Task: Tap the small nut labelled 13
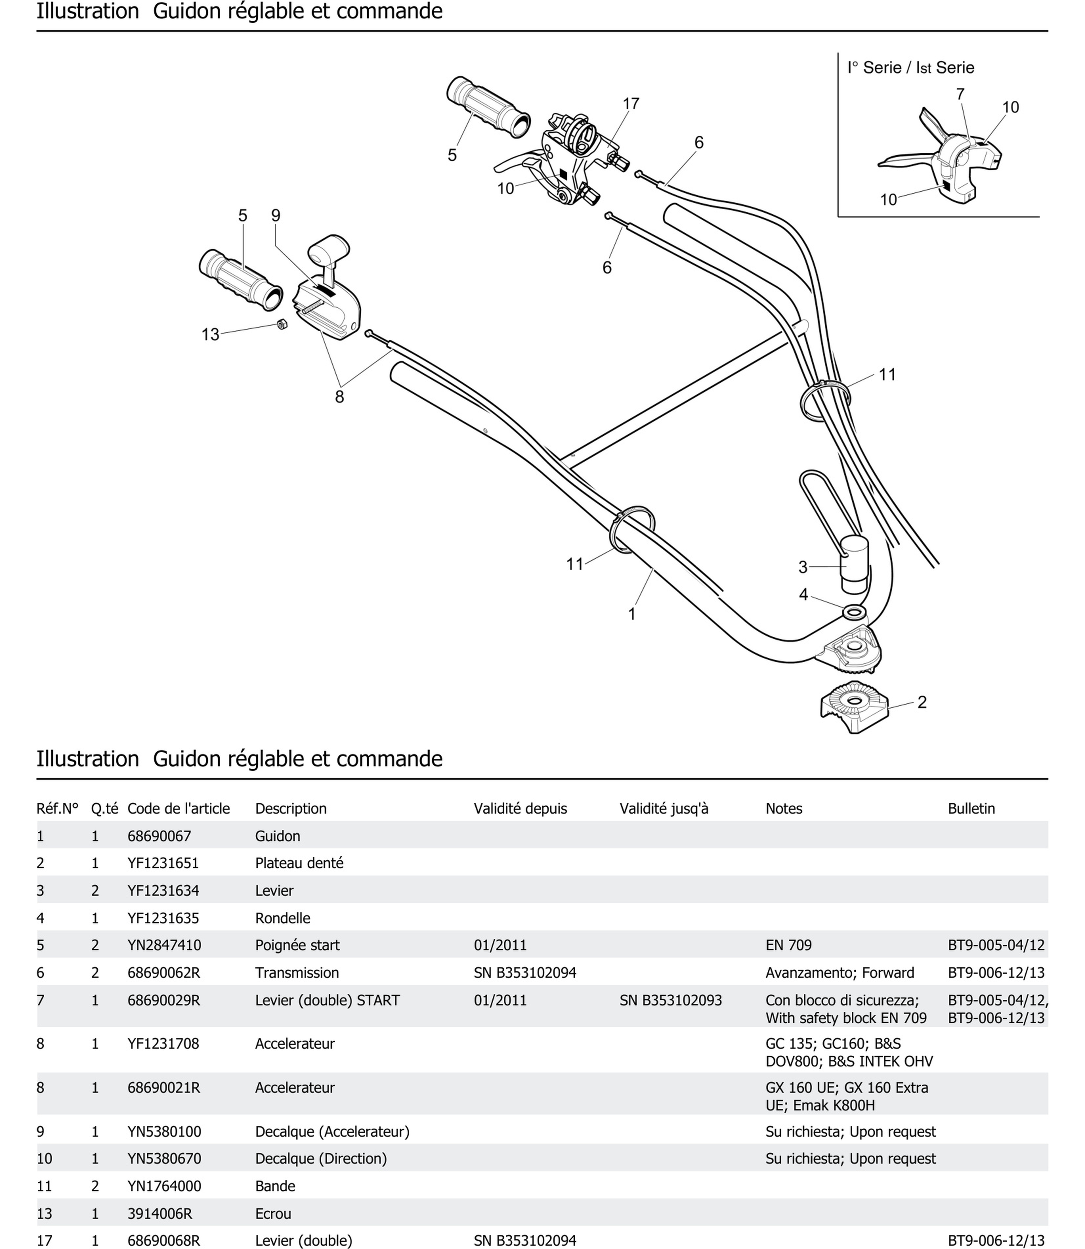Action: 282,324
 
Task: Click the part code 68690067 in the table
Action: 159,836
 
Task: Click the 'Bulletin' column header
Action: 971,808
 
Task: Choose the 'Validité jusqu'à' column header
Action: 664,808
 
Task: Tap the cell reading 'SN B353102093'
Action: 670,1000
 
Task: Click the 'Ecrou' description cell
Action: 273,1213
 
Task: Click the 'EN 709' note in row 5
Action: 788,945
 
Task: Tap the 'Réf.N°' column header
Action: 57,808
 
